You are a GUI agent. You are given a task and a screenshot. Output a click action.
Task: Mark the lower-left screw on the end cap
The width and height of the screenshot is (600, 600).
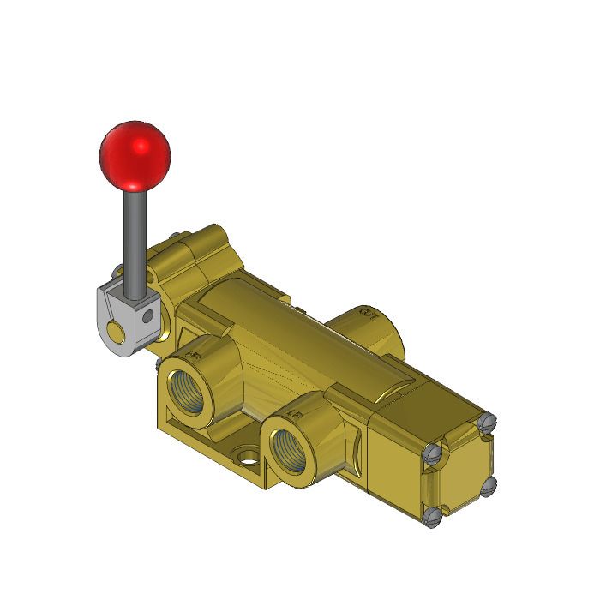coord(434,514)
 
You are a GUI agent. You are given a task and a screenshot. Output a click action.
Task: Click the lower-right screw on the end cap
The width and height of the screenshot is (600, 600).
coord(489,486)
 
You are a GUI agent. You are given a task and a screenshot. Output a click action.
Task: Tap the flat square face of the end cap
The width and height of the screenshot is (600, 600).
coord(463,471)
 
